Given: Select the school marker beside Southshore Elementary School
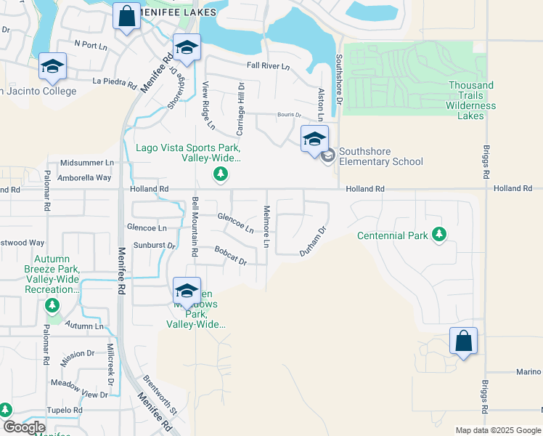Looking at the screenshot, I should (314, 139).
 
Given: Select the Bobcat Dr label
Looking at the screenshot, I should (231, 255).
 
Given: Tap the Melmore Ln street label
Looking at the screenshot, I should (266, 226).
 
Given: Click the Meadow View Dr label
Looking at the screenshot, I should (78, 395).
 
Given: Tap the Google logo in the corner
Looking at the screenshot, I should (24, 427).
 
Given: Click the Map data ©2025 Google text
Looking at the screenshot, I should (498, 430).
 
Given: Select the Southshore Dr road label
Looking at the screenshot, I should (338, 79).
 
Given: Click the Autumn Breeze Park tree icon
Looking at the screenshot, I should (52, 305).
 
